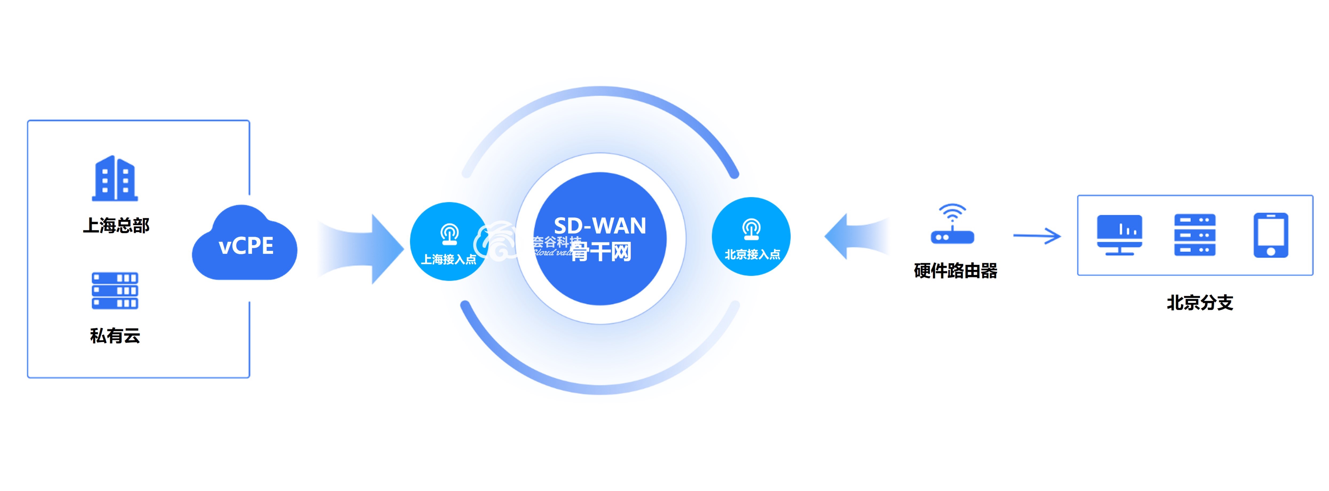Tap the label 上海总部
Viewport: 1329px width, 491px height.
pyautogui.click(x=116, y=225)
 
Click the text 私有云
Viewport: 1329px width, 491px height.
pyautogui.click(x=115, y=336)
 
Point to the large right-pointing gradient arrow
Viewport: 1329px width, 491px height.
pyautogui.click(x=361, y=249)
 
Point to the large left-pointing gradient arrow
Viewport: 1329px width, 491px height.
pyautogui.click(x=856, y=236)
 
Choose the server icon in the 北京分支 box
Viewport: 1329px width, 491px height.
pyautogui.click(x=1195, y=235)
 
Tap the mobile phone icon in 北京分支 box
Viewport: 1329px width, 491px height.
pyautogui.click(x=1271, y=235)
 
